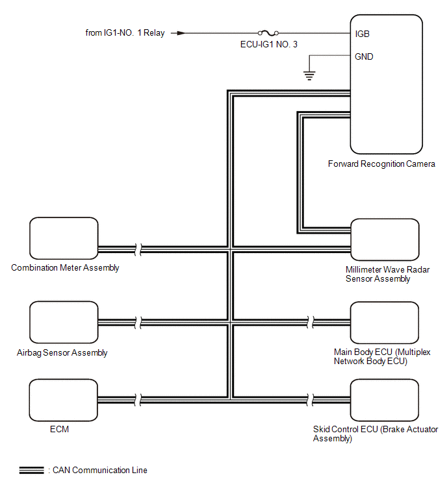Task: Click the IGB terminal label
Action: tap(363, 34)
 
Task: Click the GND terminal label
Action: tap(364, 56)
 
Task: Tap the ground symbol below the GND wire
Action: tap(309, 76)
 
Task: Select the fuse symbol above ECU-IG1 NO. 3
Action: tap(268, 32)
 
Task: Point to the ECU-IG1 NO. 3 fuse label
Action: tap(269, 44)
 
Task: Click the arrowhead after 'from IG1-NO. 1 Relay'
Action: tap(181, 33)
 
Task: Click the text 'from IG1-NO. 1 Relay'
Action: tap(125, 33)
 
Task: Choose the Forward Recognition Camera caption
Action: tap(381, 164)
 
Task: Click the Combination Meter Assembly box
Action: tap(64, 238)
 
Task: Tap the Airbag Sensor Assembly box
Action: tap(64, 322)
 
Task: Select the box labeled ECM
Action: tap(64, 400)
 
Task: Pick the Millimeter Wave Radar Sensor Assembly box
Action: tap(385, 239)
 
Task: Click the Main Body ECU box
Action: tap(385, 323)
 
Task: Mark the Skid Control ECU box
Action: tap(385, 400)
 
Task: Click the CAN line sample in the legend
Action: tap(32, 470)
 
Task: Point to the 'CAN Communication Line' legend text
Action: tap(100, 470)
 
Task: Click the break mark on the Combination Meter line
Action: tap(138, 249)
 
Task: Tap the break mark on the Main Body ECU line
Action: tap(311, 322)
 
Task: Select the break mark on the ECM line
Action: tap(138, 400)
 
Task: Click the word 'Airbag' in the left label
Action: tap(29, 353)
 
